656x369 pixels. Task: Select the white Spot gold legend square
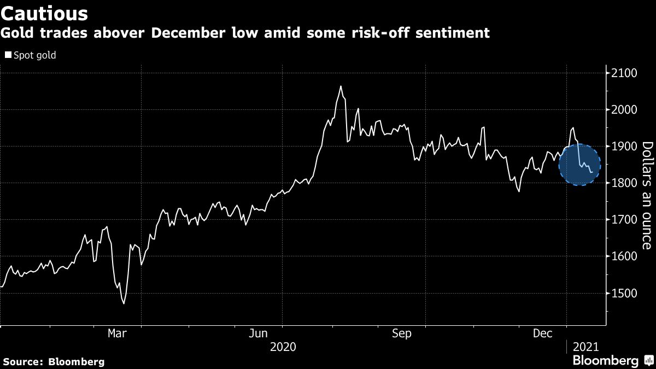(8, 55)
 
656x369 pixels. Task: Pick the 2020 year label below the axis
(283, 347)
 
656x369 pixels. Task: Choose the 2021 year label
(585, 347)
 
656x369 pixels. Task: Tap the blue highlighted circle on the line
(579, 165)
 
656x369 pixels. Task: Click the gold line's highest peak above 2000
(341, 86)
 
